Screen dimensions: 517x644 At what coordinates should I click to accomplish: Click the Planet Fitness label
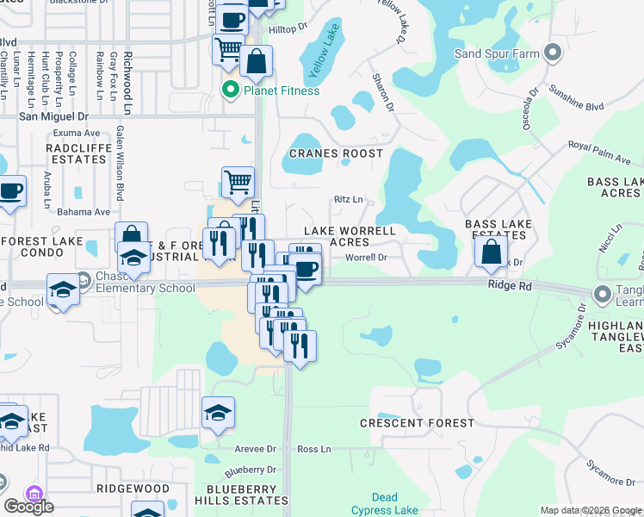pyautogui.click(x=281, y=90)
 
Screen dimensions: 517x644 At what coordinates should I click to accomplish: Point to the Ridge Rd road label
pyautogui.click(x=511, y=283)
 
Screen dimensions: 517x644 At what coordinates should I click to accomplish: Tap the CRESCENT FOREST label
pyautogui.click(x=417, y=423)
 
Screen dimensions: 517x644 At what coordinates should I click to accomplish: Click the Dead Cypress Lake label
pyautogui.click(x=386, y=503)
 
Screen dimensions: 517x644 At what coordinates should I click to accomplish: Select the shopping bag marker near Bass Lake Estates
pyautogui.click(x=490, y=252)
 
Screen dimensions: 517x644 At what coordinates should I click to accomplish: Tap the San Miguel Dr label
pyautogui.click(x=53, y=116)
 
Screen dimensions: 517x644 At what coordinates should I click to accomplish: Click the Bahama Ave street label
pyautogui.click(x=84, y=211)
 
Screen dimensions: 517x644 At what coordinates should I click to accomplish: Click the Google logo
pyautogui.click(x=28, y=506)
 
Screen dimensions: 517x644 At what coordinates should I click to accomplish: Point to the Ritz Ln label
pyautogui.click(x=349, y=200)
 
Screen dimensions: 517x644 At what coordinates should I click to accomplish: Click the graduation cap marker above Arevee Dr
pyautogui.click(x=219, y=413)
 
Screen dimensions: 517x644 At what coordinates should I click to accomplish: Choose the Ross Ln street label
pyautogui.click(x=313, y=450)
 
